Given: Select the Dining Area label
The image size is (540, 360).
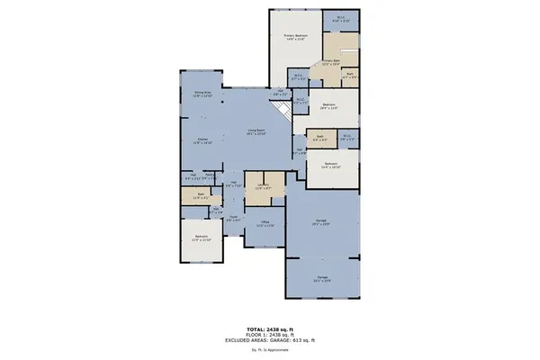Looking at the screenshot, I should pos(202,94).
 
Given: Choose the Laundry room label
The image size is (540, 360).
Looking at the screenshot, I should pos(264,187).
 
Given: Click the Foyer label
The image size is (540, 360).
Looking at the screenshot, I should pos(232,218).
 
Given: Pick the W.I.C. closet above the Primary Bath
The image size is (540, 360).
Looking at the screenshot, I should pos(341,17).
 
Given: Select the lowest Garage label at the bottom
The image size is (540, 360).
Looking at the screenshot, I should pos(321,279).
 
